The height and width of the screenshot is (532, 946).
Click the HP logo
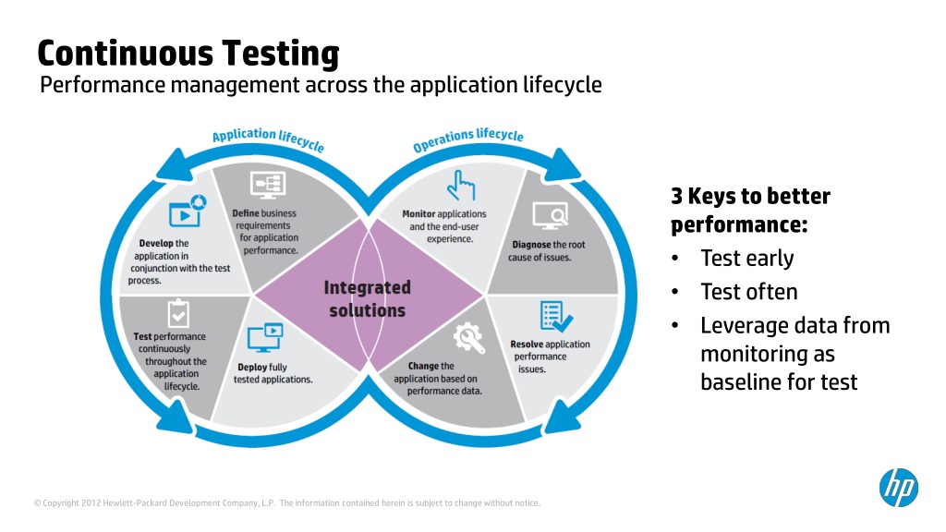(898, 487)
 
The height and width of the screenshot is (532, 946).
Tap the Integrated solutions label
(367, 299)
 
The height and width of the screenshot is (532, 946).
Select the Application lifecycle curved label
(268, 139)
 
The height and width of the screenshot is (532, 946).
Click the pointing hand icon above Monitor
(459, 186)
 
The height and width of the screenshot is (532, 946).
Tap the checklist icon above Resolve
(555, 317)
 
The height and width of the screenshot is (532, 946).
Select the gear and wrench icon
(469, 337)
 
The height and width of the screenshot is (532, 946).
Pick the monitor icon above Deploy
(264, 337)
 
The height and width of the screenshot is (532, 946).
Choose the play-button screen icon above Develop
(186, 212)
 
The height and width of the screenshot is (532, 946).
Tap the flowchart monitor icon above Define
(271, 184)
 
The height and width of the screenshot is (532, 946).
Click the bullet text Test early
(746, 259)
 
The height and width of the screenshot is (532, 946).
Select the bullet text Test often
(748, 292)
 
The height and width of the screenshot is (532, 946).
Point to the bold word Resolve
(528, 345)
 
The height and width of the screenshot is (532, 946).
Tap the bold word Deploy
(252, 367)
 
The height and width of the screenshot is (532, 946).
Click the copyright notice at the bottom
(286, 503)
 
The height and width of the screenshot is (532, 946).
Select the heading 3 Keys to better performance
(750, 211)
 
